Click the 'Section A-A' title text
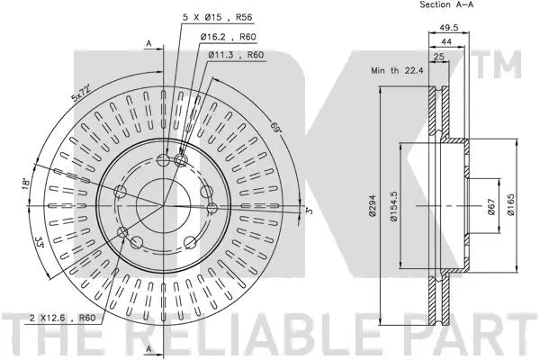click(448, 5)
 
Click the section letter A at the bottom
click(150, 348)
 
